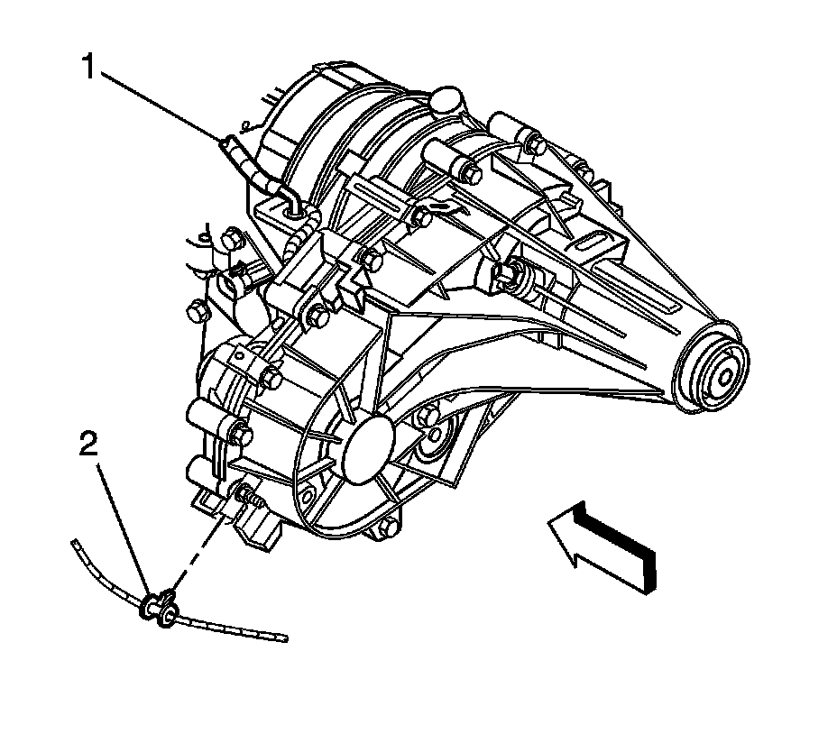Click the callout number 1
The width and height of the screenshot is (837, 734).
(x=88, y=68)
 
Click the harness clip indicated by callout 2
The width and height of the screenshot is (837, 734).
(x=159, y=608)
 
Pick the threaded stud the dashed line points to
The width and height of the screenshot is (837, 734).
(x=248, y=496)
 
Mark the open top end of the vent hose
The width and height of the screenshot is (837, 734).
(x=225, y=139)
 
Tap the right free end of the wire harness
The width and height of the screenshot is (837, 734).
(x=283, y=638)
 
